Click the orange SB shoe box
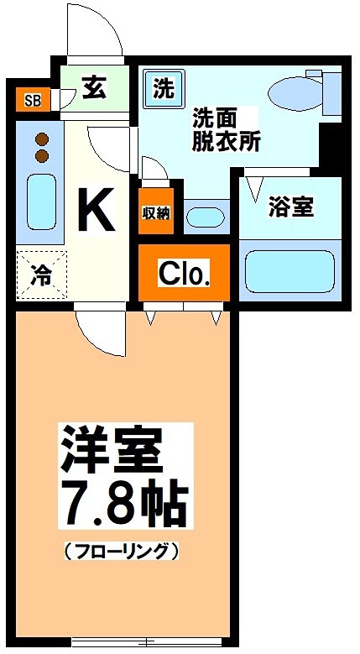click(32, 102)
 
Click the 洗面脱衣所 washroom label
click(226, 128)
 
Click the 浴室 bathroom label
click(290, 207)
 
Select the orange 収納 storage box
click(155, 212)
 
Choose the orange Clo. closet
click(184, 273)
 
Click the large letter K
click(96, 210)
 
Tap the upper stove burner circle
click(41, 139)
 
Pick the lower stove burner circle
click(41, 155)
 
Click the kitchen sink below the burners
click(41, 202)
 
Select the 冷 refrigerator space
click(39, 274)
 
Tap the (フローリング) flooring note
click(121, 552)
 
